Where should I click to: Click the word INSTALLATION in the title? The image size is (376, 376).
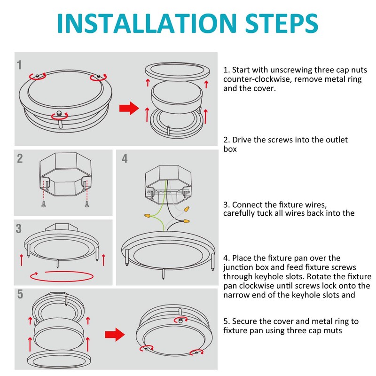(x=147, y=23)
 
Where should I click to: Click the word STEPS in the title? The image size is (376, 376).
(x=282, y=23)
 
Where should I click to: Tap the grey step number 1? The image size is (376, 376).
(x=19, y=65)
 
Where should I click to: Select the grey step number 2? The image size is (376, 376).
(x=20, y=158)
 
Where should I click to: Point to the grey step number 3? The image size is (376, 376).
(x=19, y=228)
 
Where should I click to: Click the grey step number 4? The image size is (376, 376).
(x=125, y=158)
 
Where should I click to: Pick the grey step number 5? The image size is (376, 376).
(x=20, y=294)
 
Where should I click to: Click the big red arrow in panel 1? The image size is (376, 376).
(x=129, y=108)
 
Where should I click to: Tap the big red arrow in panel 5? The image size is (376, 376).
(x=115, y=335)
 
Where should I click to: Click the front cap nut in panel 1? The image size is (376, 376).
(x=59, y=113)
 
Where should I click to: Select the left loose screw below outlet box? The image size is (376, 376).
(x=43, y=204)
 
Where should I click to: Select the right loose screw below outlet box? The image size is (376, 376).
(x=86, y=204)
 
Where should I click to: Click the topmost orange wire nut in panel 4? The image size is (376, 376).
(x=187, y=209)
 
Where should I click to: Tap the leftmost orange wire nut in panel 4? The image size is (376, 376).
(x=148, y=216)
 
